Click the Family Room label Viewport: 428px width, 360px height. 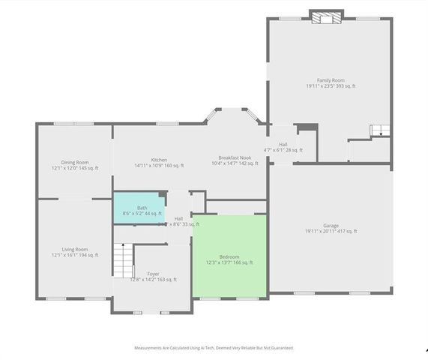click(x=330, y=80)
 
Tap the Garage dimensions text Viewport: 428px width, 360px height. click(x=330, y=231)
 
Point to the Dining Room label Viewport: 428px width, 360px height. click(x=75, y=162)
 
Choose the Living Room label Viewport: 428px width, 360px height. click(x=75, y=249)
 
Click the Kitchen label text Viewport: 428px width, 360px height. click(x=159, y=160)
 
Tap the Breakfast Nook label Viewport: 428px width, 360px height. click(x=233, y=157)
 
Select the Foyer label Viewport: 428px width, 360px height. click(x=153, y=274)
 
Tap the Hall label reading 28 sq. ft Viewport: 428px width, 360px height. click(x=283, y=145)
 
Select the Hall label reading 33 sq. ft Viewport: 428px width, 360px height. click(x=178, y=218)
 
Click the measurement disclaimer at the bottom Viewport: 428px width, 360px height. click(x=214, y=348)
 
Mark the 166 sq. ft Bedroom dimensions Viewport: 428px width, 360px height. click(x=229, y=262)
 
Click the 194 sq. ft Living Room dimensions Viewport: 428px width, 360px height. click(x=75, y=255)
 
